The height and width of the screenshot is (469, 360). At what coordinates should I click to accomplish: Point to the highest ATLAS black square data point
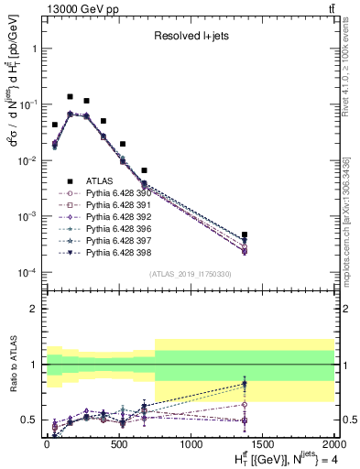[x=70, y=96]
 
